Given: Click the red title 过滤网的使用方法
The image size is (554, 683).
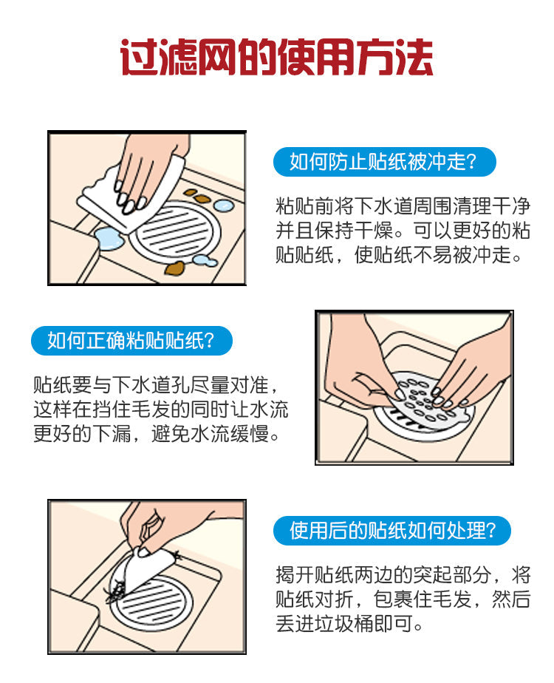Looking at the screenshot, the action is click(277, 58).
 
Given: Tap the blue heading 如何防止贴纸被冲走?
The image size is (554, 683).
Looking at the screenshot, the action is click(384, 162).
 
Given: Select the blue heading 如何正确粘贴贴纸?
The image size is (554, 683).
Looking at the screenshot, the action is click(131, 340).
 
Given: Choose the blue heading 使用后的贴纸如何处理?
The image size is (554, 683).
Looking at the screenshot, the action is click(391, 531).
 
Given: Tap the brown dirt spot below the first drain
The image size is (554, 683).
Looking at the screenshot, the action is click(175, 268).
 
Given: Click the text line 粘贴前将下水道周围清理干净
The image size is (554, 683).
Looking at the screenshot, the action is click(403, 206).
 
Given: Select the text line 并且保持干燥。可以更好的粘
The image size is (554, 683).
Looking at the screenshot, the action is click(403, 231).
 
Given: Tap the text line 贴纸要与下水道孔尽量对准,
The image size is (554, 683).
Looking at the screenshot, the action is click(155, 385).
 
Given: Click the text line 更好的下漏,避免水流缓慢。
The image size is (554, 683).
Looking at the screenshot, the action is click(157, 434).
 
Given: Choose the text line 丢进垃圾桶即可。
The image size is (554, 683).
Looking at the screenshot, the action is click(349, 624).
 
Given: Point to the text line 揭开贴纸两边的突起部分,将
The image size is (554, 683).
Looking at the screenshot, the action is click(403, 575).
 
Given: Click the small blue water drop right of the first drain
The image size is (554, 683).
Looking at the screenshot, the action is click(224, 205).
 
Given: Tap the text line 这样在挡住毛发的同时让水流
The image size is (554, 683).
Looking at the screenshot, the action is click(160, 410).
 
